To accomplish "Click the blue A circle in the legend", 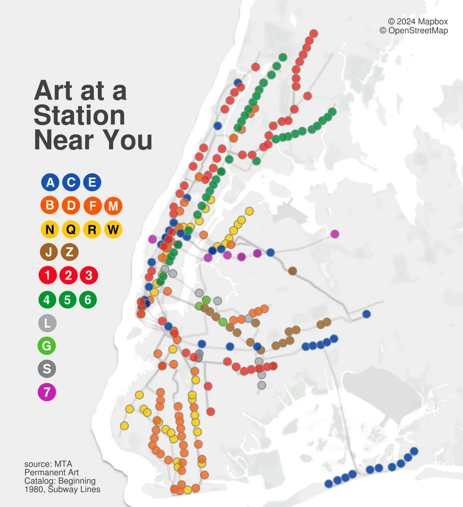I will click(x=50, y=182).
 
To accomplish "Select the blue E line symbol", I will click(x=92, y=182).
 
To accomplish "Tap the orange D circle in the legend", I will click(x=71, y=205).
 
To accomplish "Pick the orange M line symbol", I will click(x=113, y=206).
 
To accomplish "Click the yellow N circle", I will click(x=50, y=230).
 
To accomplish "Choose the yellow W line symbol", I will click(x=113, y=230).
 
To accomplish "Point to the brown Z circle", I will click(x=70, y=252).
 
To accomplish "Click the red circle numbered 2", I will click(x=69, y=275).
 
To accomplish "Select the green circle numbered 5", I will click(x=68, y=300).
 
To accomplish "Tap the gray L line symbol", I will click(x=47, y=323).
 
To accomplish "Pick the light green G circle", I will click(x=47, y=346).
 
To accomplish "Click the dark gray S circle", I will click(x=47, y=369).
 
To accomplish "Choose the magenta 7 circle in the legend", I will click(x=47, y=392).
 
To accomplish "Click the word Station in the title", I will click(x=79, y=115).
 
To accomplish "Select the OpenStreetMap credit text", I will click(x=418, y=31).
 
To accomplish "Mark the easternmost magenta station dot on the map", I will click(x=335, y=234).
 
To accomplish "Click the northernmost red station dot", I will click(x=314, y=34).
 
